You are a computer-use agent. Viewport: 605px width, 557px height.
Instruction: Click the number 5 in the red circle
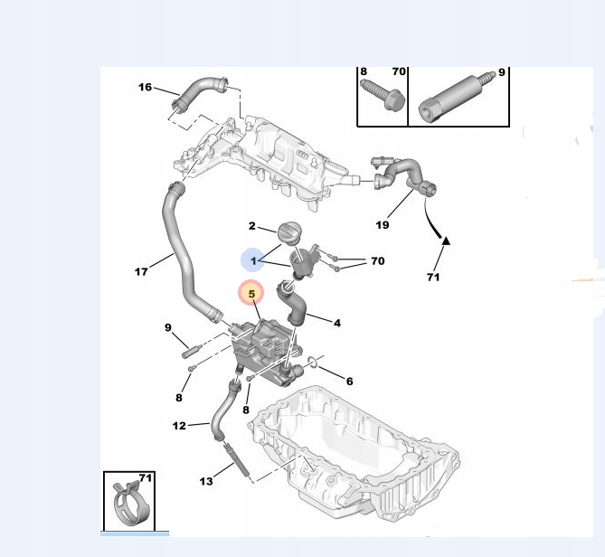pos(251,293)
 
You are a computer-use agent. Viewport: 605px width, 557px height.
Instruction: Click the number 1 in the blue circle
pos(254,260)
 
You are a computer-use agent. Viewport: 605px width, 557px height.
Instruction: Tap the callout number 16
pos(146,87)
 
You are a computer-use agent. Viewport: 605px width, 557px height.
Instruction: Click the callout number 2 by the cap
pos(252,226)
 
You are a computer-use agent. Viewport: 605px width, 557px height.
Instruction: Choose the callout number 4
pos(336,323)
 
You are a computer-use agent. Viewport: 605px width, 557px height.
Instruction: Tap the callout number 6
pos(349,381)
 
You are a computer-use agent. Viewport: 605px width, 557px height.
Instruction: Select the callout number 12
pos(179,424)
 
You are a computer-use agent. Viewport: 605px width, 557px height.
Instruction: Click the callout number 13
pos(206,482)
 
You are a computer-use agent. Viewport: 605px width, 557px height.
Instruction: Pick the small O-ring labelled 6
pos(313,366)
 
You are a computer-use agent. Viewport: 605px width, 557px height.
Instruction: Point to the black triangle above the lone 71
pos(446,241)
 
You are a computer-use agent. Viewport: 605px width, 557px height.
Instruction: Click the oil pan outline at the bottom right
pos(362,452)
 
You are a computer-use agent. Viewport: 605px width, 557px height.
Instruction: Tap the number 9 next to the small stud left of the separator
pos(167,327)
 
